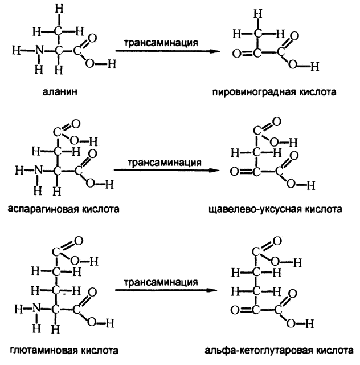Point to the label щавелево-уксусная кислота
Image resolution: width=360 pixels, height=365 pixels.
tap(276, 209)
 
